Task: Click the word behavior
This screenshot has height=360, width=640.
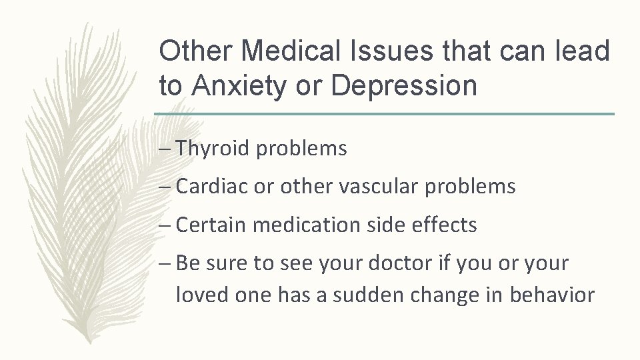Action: (x=552, y=295)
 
